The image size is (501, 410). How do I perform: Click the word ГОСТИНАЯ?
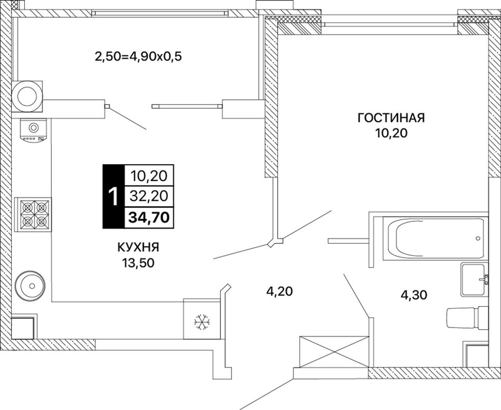391,118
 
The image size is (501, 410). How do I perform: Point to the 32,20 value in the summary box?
149,196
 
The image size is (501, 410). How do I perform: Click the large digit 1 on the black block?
112,197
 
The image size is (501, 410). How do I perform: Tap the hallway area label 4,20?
277,291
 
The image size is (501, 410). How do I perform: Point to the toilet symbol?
467,318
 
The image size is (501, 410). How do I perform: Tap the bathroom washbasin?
476,278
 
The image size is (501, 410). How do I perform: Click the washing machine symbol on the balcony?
26,96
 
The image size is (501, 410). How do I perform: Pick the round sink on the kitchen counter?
32,286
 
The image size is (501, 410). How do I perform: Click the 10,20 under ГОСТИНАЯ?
391,134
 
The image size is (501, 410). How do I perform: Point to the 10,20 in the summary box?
149,176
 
